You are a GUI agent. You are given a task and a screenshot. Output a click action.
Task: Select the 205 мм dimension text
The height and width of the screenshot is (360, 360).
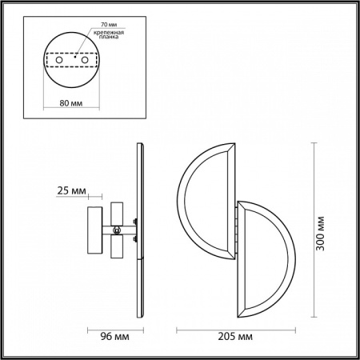(x=234, y=337)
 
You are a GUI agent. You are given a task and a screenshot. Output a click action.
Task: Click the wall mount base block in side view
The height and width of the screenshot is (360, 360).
(x=94, y=231)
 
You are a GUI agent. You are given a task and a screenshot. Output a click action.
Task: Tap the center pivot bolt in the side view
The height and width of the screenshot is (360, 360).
(x=118, y=231)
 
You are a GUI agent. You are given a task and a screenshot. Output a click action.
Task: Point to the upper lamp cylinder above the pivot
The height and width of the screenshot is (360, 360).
(x=118, y=213)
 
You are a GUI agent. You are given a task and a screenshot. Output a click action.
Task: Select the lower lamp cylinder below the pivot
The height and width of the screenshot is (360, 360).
(x=118, y=249)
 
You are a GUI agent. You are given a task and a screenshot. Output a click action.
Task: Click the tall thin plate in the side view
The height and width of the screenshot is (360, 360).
(x=142, y=232)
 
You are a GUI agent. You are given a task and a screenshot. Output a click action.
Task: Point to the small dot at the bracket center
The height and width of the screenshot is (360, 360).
(x=75, y=59)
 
